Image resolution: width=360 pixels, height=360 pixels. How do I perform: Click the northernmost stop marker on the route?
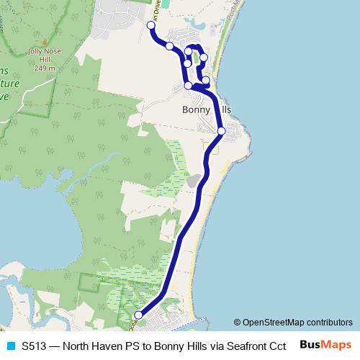tap(151, 26)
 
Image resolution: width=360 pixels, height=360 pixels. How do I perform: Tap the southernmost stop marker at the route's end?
tap(138, 315)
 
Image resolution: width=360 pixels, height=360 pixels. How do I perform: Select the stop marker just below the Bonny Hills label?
tap(221, 131)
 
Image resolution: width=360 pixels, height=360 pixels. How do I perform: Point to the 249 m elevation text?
tap(43, 68)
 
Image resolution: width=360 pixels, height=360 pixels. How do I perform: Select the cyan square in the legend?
tap(9, 345)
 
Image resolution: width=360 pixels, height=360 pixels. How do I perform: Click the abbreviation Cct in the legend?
tap(278, 345)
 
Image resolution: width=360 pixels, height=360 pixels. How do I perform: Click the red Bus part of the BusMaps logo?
tap(310, 344)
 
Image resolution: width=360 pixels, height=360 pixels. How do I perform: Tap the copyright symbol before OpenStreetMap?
tap(238, 323)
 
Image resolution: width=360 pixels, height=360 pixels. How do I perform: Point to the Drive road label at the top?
tap(157, 10)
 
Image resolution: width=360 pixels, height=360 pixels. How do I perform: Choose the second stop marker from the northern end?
tap(170, 46)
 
